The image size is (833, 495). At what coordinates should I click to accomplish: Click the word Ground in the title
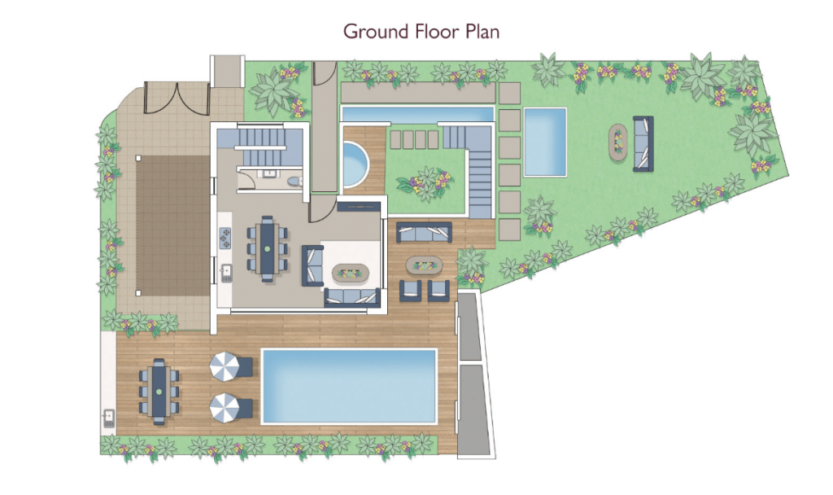pyautogui.click(x=376, y=32)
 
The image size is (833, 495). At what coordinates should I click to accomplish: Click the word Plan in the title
pyautogui.click(x=482, y=32)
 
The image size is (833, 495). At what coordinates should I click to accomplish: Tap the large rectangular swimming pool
pyautogui.click(x=349, y=387)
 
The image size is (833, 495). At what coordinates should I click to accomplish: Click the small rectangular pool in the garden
pyautogui.click(x=545, y=142)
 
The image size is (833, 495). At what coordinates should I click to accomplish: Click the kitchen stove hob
pyautogui.click(x=225, y=238)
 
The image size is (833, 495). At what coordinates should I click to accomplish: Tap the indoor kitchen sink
pyautogui.click(x=226, y=273)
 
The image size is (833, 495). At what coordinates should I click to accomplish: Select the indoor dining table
pyautogui.click(x=267, y=248)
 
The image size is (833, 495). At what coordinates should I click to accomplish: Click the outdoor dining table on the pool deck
pyautogui.click(x=159, y=392)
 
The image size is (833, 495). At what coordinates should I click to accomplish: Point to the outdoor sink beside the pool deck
pyautogui.click(x=109, y=418)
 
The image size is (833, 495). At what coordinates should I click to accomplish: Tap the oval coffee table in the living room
pyautogui.click(x=351, y=274)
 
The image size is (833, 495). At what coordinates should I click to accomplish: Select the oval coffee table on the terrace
pyautogui.click(x=424, y=265)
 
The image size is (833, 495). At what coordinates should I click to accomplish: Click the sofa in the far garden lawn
pyautogui.click(x=643, y=143)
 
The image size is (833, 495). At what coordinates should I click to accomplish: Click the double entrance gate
pyautogui.click(x=177, y=98)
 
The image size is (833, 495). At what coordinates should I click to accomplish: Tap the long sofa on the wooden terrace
pyautogui.click(x=424, y=232)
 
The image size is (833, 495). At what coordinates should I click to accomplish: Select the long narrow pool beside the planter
pyautogui.click(x=417, y=114)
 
